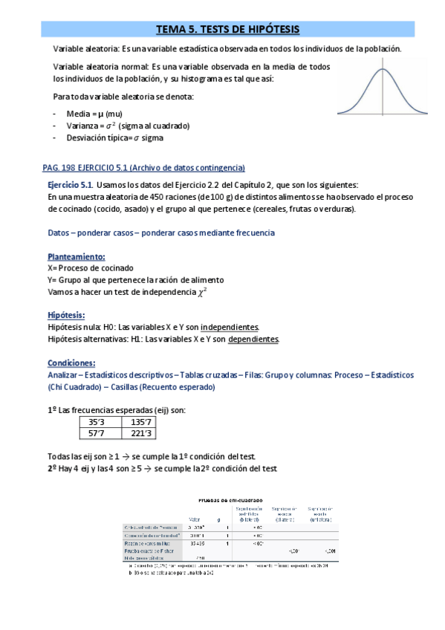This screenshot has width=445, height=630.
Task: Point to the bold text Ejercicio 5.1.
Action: pos(70,185)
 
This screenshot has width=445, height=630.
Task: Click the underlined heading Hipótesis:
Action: pos(66,315)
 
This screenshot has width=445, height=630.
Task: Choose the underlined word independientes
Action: pos(230,327)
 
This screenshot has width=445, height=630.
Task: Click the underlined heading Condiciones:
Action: pos(71,363)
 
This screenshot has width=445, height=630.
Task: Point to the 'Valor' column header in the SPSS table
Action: pos(195,519)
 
